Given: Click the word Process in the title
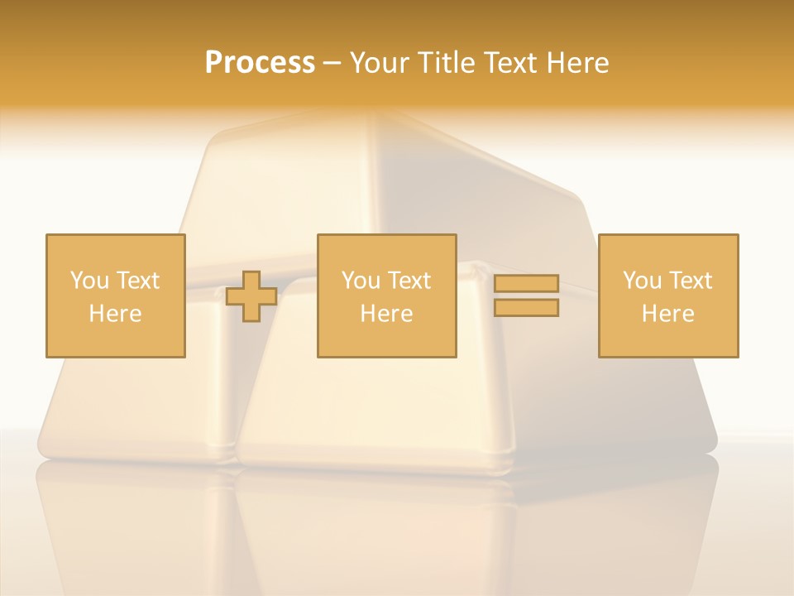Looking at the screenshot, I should pos(260,63).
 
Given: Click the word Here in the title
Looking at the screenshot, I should pos(578,63).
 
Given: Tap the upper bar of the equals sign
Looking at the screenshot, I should pos(526,284).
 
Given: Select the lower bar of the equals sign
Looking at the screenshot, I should pos(526,308).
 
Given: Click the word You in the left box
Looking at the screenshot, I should pos(88,281).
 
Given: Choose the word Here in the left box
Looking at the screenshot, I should pos(115,314).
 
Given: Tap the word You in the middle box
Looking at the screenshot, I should pos(361,281).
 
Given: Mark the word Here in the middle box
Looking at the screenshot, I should pos(386,314).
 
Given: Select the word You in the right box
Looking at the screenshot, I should pos(642,281).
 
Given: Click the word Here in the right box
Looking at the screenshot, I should pos(667,314).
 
